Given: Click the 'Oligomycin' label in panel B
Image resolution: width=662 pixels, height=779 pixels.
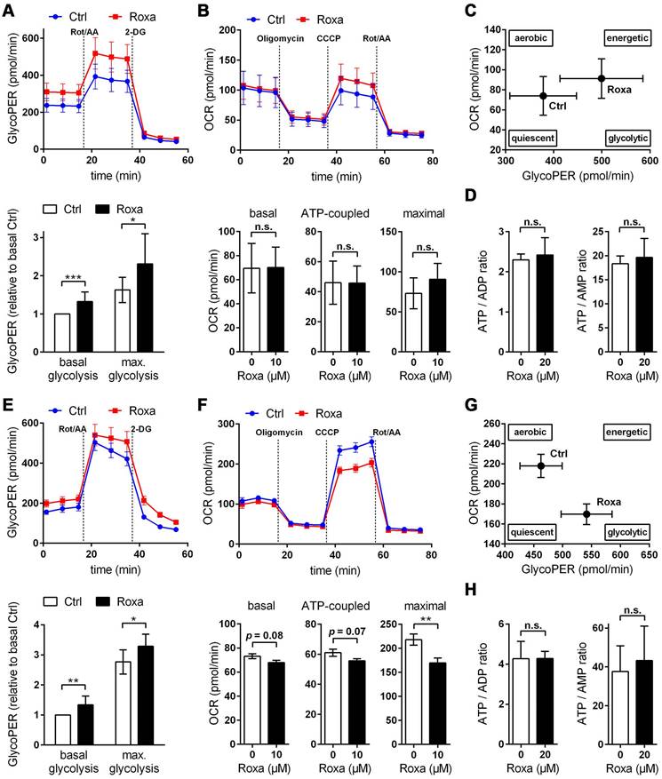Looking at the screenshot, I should tap(280, 38).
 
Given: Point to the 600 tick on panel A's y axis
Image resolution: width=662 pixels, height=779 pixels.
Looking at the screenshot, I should tap(33, 39).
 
